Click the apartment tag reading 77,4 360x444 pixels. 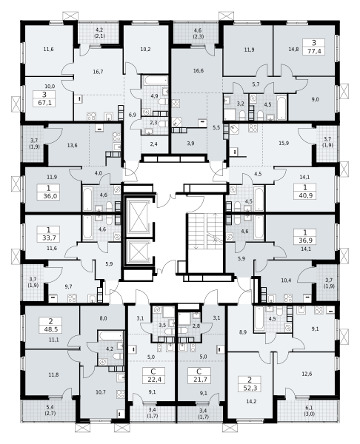click(x=314, y=47)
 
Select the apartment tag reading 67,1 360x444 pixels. click(x=44, y=98)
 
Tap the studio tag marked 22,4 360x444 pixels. click(x=154, y=376)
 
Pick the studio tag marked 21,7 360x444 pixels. click(x=199, y=376)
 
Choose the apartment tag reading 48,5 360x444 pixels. click(x=50, y=326)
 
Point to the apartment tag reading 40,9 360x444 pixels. click(x=305, y=192)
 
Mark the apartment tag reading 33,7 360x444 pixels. click(x=49, y=234)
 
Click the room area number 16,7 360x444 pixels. click(x=98, y=72)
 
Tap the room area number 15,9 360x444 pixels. click(x=284, y=144)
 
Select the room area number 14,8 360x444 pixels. click(x=293, y=50)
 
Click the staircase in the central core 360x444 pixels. click(x=205, y=232)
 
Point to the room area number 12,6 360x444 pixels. click(x=307, y=374)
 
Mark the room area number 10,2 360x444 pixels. click(x=145, y=50)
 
